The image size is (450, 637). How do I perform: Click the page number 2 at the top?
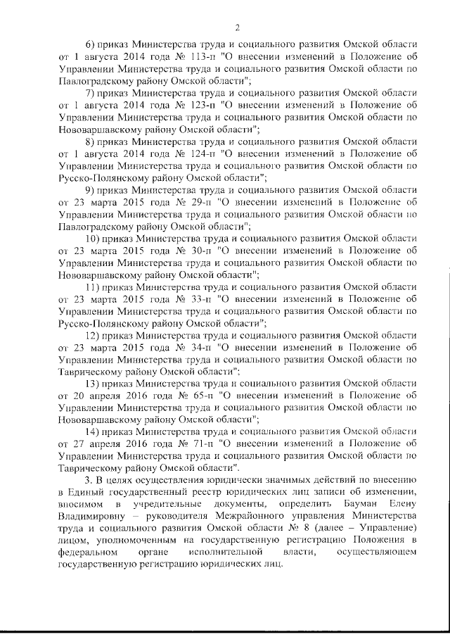pyautogui.click(x=238, y=28)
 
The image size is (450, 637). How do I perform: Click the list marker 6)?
pyautogui.click(x=89, y=45)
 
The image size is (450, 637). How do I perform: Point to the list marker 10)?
pyautogui.click(x=92, y=239)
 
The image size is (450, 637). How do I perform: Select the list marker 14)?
pyautogui.click(x=92, y=431)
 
